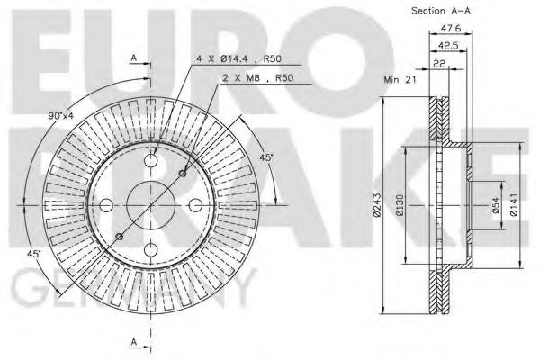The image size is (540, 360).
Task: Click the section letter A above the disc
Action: tap(133, 57)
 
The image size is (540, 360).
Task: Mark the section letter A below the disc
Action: tap(133, 343)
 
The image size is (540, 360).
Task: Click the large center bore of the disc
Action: tap(148, 205)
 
